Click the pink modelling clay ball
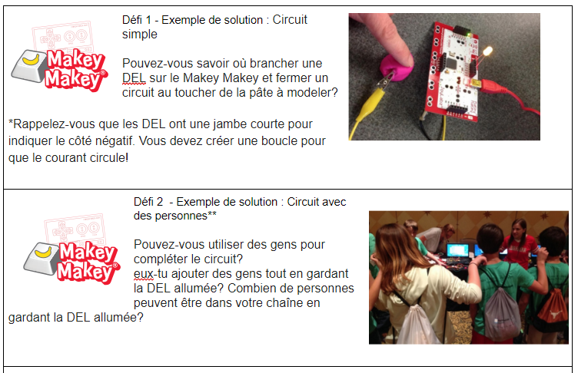point(397,68)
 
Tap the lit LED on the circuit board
point(487,51)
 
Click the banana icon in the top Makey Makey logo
point(32,60)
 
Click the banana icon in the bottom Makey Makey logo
point(44,253)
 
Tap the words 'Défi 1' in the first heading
point(136,20)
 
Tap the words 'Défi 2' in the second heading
point(148,202)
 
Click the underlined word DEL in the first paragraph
point(134,78)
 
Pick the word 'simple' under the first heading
point(140,35)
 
